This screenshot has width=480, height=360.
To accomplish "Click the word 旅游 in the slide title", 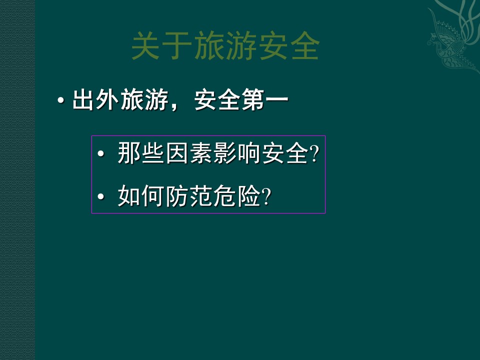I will point(225,46).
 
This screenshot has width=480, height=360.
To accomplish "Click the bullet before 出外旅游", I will point(61,100).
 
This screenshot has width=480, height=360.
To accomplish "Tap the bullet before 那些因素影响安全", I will point(101,153).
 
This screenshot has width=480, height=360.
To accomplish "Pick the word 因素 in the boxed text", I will point(188,153).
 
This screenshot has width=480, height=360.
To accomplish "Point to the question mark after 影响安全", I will point(314,154).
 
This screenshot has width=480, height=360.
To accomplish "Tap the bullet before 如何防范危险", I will point(101,197).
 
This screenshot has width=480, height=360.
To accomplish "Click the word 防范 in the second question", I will point(188,197).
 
